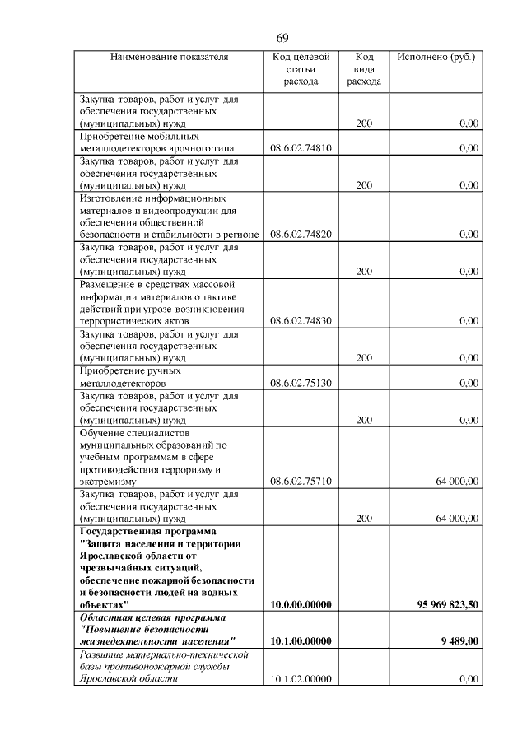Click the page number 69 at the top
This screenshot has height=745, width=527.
pyautogui.click(x=282, y=39)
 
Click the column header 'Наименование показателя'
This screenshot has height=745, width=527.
pyautogui.click(x=169, y=58)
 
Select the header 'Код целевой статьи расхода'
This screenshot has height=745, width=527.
pyautogui.click(x=301, y=70)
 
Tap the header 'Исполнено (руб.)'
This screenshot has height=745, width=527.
pyautogui.click(x=436, y=58)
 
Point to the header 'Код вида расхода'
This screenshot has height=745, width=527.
pyautogui.click(x=364, y=70)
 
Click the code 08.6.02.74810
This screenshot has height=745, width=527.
pyautogui.click(x=301, y=148)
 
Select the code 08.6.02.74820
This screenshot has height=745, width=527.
pyautogui.click(x=301, y=235)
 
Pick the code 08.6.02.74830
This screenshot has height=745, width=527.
pyautogui.click(x=301, y=321)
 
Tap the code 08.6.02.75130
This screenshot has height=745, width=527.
pyautogui.click(x=301, y=383)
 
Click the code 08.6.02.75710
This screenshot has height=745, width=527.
pyautogui.click(x=301, y=481)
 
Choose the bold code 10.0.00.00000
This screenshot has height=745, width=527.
pyautogui.click(x=301, y=604)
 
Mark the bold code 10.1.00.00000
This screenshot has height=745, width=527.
pyautogui.click(x=301, y=641)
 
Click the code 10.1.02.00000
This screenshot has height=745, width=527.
pyautogui.click(x=301, y=679)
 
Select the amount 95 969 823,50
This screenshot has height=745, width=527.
pyautogui.click(x=448, y=604)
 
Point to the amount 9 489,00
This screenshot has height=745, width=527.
pyautogui.click(x=459, y=641)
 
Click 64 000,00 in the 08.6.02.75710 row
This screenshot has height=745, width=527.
pyautogui.click(x=457, y=481)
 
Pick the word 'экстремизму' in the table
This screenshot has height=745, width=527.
pyautogui.click(x=108, y=481)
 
